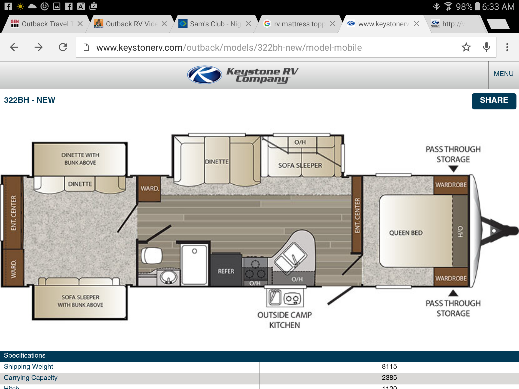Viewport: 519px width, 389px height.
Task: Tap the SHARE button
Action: (x=494, y=101)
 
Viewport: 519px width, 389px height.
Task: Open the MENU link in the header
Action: (x=504, y=74)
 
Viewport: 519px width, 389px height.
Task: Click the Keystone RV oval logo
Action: (x=204, y=75)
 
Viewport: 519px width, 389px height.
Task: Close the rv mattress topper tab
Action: (x=332, y=24)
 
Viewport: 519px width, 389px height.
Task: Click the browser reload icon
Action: (x=63, y=47)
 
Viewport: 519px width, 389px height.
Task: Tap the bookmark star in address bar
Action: (x=466, y=47)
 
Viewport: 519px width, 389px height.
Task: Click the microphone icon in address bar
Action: (x=486, y=47)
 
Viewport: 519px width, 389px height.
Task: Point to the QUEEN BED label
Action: (x=406, y=233)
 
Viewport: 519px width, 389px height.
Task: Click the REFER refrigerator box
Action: (x=226, y=271)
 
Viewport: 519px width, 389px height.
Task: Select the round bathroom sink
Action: (x=168, y=277)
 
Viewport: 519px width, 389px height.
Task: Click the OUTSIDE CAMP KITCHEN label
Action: (x=284, y=320)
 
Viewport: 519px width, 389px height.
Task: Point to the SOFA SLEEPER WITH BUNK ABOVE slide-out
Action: (x=80, y=301)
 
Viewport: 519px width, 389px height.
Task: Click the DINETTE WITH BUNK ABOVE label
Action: (x=80, y=159)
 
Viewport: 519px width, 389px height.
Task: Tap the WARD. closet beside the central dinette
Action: (x=150, y=188)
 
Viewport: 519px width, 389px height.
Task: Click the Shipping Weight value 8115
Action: (x=389, y=366)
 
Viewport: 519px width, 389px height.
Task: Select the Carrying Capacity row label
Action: (x=31, y=378)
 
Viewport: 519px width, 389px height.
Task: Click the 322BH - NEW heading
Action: (x=30, y=100)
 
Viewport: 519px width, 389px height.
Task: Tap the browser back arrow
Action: (x=14, y=47)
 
